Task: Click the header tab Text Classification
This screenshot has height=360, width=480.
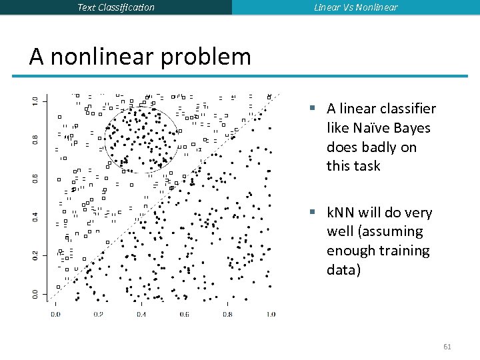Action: (116, 7)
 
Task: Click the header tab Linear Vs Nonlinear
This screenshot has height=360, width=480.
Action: (356, 7)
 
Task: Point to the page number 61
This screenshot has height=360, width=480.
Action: (447, 347)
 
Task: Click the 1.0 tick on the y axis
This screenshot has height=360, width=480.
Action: (35, 100)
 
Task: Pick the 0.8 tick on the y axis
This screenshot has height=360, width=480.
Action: (35, 139)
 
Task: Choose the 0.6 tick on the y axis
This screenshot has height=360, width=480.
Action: (35, 177)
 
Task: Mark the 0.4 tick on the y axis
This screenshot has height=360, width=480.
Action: (35, 216)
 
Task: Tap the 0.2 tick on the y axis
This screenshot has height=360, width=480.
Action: (35, 255)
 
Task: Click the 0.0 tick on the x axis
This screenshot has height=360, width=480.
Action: (55, 314)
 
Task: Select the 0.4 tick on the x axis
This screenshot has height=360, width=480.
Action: (141, 314)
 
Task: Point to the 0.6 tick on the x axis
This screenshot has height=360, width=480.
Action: (184, 314)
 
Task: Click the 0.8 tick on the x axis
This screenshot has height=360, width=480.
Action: (227, 314)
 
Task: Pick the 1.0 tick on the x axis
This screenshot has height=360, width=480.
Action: (270, 314)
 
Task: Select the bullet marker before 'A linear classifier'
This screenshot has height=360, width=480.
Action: (311, 109)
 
